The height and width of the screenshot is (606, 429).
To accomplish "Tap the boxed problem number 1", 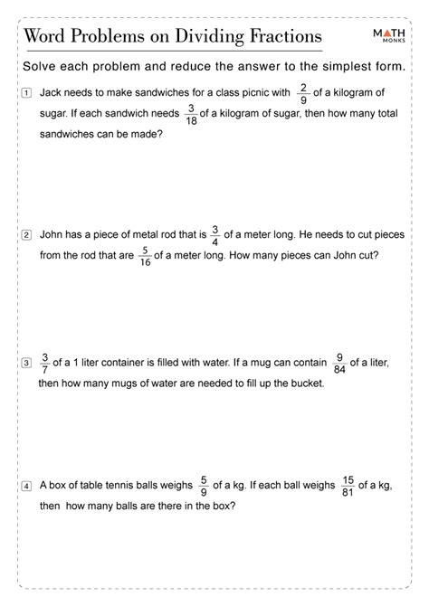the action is point(28,93).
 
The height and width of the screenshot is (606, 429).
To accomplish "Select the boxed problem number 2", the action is point(28,235).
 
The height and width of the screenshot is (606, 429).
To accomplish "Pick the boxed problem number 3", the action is point(28,364).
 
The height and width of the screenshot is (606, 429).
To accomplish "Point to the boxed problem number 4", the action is point(28,486).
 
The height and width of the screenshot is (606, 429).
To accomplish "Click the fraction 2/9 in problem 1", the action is point(304,92).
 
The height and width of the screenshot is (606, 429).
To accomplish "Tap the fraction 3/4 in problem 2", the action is point(215,234).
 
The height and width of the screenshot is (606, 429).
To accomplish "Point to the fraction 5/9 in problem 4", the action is point(205,486).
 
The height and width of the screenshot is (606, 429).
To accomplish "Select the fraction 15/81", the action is point(349,486).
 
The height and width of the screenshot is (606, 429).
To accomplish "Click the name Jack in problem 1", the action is point(52,93).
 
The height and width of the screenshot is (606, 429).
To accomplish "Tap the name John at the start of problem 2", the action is point(52,235).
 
